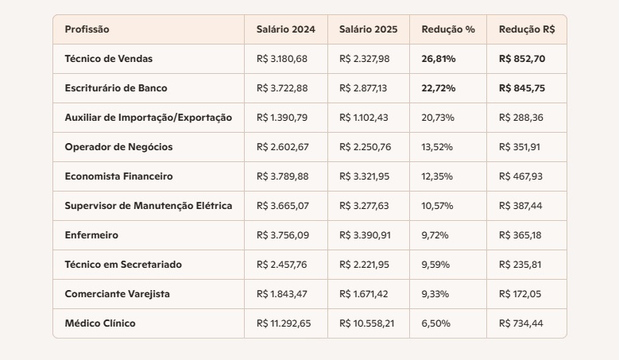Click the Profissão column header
pos(87,29)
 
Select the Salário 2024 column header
pos(285,29)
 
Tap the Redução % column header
pos(448,29)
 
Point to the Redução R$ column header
pos(527,29)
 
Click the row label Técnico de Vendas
pos(109,59)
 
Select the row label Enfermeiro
pos(92,235)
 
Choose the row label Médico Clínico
pos(100,323)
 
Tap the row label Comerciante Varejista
pos(117,294)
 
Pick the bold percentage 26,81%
pos(439,59)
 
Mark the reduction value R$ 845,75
pos(522,88)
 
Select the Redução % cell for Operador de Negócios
pos(436,147)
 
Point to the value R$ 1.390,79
pos(282,118)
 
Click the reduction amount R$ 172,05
pos(520,294)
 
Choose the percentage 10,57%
pos(437,206)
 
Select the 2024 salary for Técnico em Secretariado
pos(283,265)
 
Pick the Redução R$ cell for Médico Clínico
pos(521,323)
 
